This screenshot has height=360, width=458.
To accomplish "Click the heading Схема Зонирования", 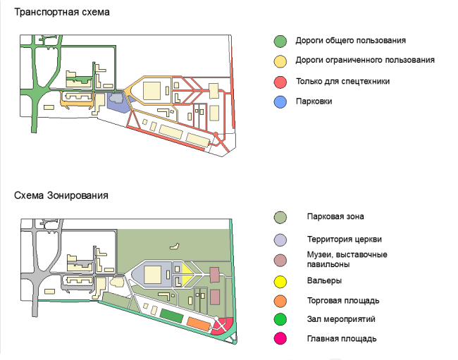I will pyautogui.click(x=61, y=194).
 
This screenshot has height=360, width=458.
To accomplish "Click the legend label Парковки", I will pyautogui.click(x=314, y=101).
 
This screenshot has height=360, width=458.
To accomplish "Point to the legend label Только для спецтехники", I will pyautogui.click(x=343, y=82).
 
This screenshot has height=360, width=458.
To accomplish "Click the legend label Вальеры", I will pyautogui.click(x=325, y=281).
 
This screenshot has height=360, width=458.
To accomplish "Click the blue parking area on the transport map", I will pyautogui.click(x=116, y=101).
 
